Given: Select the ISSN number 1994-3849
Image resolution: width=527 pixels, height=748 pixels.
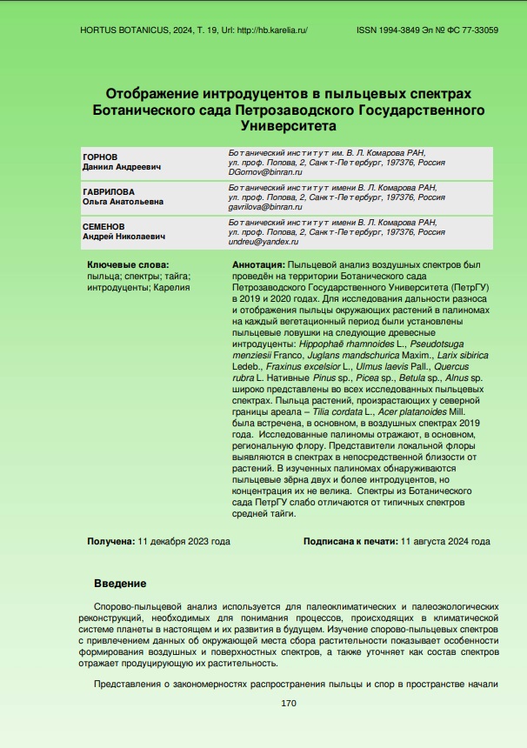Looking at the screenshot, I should pyautogui.click(x=404, y=30).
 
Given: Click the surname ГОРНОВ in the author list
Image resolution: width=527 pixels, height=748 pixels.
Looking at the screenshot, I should pyautogui.click(x=100, y=157).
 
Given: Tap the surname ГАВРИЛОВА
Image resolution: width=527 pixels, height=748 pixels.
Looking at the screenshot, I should pyautogui.click(x=109, y=191).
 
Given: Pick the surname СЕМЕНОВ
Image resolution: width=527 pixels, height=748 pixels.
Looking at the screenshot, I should pyautogui.click(x=104, y=225).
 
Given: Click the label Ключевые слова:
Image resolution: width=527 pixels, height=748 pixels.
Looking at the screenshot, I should pyautogui.click(x=128, y=264).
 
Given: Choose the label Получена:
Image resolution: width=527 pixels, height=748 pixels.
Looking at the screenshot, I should pyautogui.click(x=110, y=541).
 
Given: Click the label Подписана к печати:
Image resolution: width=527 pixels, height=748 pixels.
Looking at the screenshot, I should pyautogui.click(x=350, y=541).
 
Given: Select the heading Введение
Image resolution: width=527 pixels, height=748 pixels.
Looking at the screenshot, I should pyautogui.click(x=119, y=583).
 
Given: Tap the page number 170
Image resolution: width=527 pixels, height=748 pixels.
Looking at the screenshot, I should pyautogui.click(x=290, y=703).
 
